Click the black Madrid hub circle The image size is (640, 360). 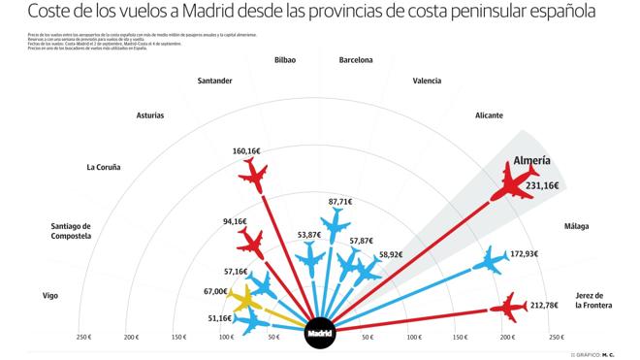[319, 333]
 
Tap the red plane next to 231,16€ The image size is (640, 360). [510, 181]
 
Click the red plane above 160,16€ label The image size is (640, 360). [253, 174]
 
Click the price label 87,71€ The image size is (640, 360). [340, 202]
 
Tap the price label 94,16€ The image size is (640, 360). [235, 221]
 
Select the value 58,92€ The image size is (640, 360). [391, 255]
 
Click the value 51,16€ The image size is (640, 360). [220, 317]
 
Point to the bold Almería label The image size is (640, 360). [531, 160]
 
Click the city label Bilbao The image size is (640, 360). [285, 60]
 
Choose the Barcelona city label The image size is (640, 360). [356, 60]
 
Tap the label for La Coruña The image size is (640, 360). [104, 167]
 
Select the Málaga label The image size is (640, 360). [577, 226]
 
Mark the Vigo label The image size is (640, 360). [50, 295]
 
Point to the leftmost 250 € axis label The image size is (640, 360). [83, 338]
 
